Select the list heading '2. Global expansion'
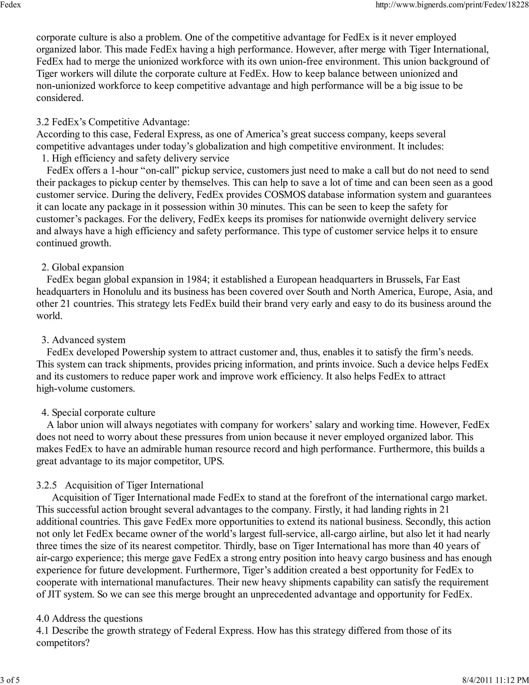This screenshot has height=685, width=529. click(83, 267)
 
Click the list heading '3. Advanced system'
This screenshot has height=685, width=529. click(83, 340)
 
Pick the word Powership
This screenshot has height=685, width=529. click(144, 352)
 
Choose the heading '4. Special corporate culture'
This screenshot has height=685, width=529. click(98, 413)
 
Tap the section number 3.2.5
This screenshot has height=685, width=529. click(47, 485)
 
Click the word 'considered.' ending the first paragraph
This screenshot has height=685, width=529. click(60, 98)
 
